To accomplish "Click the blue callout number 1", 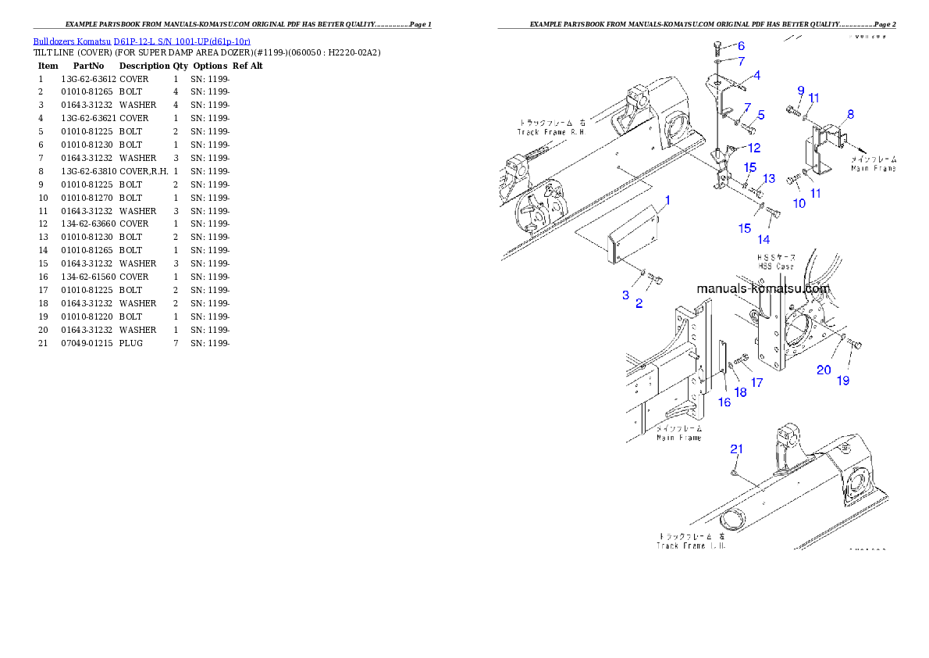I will coord(667,202).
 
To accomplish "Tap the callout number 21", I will coord(736,449).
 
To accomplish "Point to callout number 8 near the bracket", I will coord(849,114).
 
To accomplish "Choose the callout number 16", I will coord(724,402).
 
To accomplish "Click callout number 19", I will coord(843,381).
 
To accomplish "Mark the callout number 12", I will coord(753,147).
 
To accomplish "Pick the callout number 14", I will coord(763,238).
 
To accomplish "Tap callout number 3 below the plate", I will coord(625,295).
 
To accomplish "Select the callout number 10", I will coord(799,203).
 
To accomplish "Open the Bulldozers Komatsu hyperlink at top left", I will coord(141,41).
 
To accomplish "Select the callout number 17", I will coord(756,383).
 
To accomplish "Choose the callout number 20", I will coord(823,370).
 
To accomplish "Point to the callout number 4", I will coord(756,76).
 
